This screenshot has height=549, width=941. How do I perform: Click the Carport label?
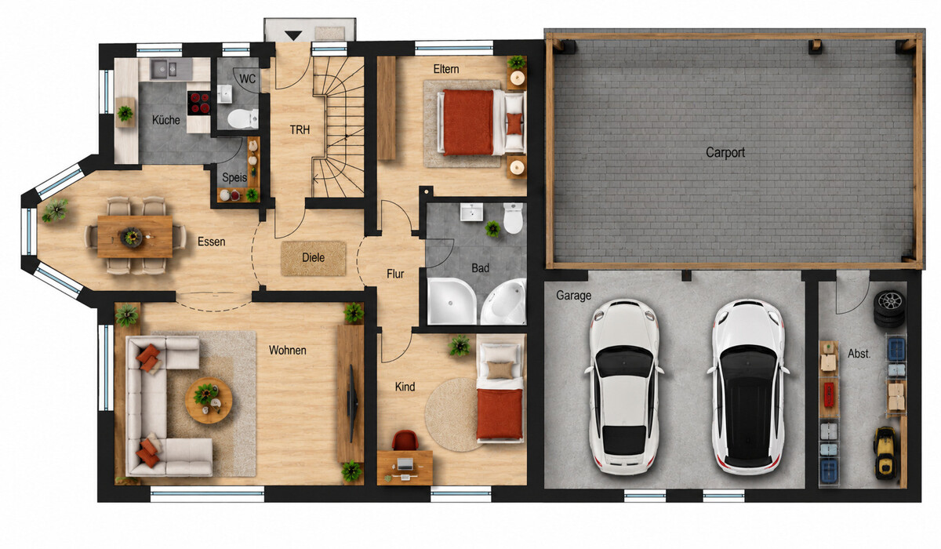[725, 152]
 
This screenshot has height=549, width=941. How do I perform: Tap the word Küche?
[166, 120]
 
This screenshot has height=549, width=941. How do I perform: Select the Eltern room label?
[446, 69]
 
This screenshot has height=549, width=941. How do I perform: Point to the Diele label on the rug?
[314, 257]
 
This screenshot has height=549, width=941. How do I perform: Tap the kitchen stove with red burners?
[198, 104]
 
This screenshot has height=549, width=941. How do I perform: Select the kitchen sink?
[164, 69]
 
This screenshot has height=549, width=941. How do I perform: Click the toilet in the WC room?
[243, 119]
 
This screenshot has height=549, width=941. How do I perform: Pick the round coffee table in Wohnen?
[209, 400]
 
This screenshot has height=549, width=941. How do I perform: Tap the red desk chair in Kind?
[405, 440]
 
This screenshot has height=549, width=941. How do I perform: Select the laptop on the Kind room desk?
[405, 464]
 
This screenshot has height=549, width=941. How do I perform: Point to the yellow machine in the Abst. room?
[885, 453]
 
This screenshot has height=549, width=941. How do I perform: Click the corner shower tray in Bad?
[452, 300]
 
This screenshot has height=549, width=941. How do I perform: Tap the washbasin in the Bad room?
[471, 212]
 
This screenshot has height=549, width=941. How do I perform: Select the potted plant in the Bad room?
[492, 229]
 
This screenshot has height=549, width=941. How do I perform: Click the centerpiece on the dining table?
[132, 237]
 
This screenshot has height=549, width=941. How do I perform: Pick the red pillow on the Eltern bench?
[514, 123]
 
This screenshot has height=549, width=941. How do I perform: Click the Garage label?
[573, 296]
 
